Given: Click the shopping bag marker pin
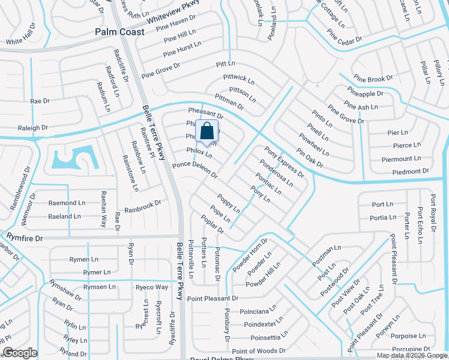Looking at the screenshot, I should tap(206, 131).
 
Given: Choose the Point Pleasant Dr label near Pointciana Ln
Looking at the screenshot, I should tap(212, 298).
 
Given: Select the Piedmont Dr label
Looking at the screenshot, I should tap(409, 172).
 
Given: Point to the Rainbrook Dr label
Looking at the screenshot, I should tap(143, 207).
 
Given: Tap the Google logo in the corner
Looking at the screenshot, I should tap(20, 353).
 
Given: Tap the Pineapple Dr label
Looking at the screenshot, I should tap(364, 94).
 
